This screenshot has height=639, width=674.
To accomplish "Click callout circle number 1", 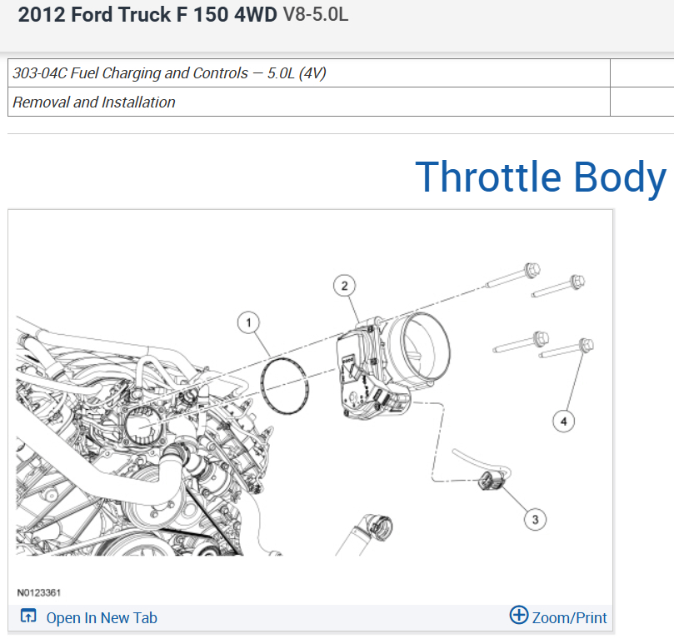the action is click(x=248, y=322).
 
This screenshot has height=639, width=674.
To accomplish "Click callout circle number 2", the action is click(x=344, y=286).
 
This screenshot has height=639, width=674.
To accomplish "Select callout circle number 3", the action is click(x=535, y=520).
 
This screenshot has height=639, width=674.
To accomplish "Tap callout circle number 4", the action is click(x=563, y=421).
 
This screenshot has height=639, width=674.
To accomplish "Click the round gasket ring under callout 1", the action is click(x=262, y=387).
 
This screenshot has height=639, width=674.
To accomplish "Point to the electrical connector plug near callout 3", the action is click(x=492, y=481).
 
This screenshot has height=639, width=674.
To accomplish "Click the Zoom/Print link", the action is click(x=569, y=618).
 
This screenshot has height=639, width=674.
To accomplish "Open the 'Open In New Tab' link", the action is click(x=102, y=618).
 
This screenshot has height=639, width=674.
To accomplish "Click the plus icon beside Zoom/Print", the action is click(x=519, y=615).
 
